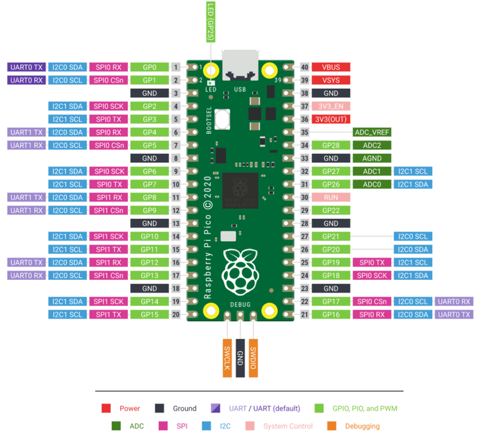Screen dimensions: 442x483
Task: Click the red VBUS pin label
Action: point(331,67)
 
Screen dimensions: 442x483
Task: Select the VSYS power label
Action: point(331,80)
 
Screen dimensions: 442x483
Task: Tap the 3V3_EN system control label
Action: point(331,106)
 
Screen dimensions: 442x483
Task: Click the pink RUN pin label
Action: point(331,198)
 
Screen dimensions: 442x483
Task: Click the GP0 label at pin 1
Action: point(150,67)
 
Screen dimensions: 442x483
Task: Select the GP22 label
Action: point(331,210)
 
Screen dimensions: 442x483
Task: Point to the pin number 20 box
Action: point(176,315)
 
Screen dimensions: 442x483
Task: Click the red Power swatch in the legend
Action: point(106,409)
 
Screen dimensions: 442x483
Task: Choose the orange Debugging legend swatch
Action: point(331,426)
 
